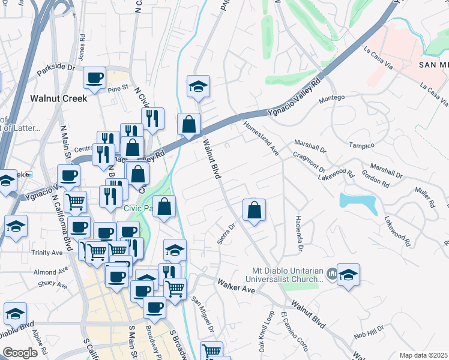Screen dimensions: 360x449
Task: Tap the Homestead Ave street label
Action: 261,139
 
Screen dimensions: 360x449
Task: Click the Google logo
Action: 20,353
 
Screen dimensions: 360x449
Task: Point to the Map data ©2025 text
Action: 423,355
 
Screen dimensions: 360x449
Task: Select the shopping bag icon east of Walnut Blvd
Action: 254,210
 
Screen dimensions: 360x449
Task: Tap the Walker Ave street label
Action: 237,286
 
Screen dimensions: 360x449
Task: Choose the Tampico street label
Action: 363,146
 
